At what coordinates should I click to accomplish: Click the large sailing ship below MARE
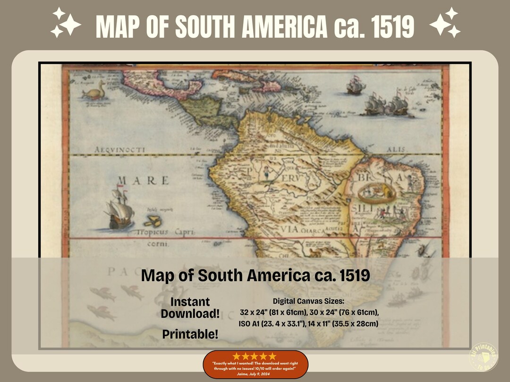(x=119, y=208)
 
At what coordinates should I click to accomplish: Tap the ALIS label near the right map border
(x=396, y=149)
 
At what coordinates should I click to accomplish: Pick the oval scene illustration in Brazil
(x=376, y=191)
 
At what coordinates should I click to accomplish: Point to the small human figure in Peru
(x=267, y=173)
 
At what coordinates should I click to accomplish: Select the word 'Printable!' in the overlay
(x=190, y=334)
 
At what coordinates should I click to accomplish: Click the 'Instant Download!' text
(x=190, y=307)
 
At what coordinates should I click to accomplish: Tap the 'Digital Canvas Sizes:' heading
(x=309, y=301)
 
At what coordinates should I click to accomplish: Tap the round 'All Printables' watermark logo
(x=484, y=357)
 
